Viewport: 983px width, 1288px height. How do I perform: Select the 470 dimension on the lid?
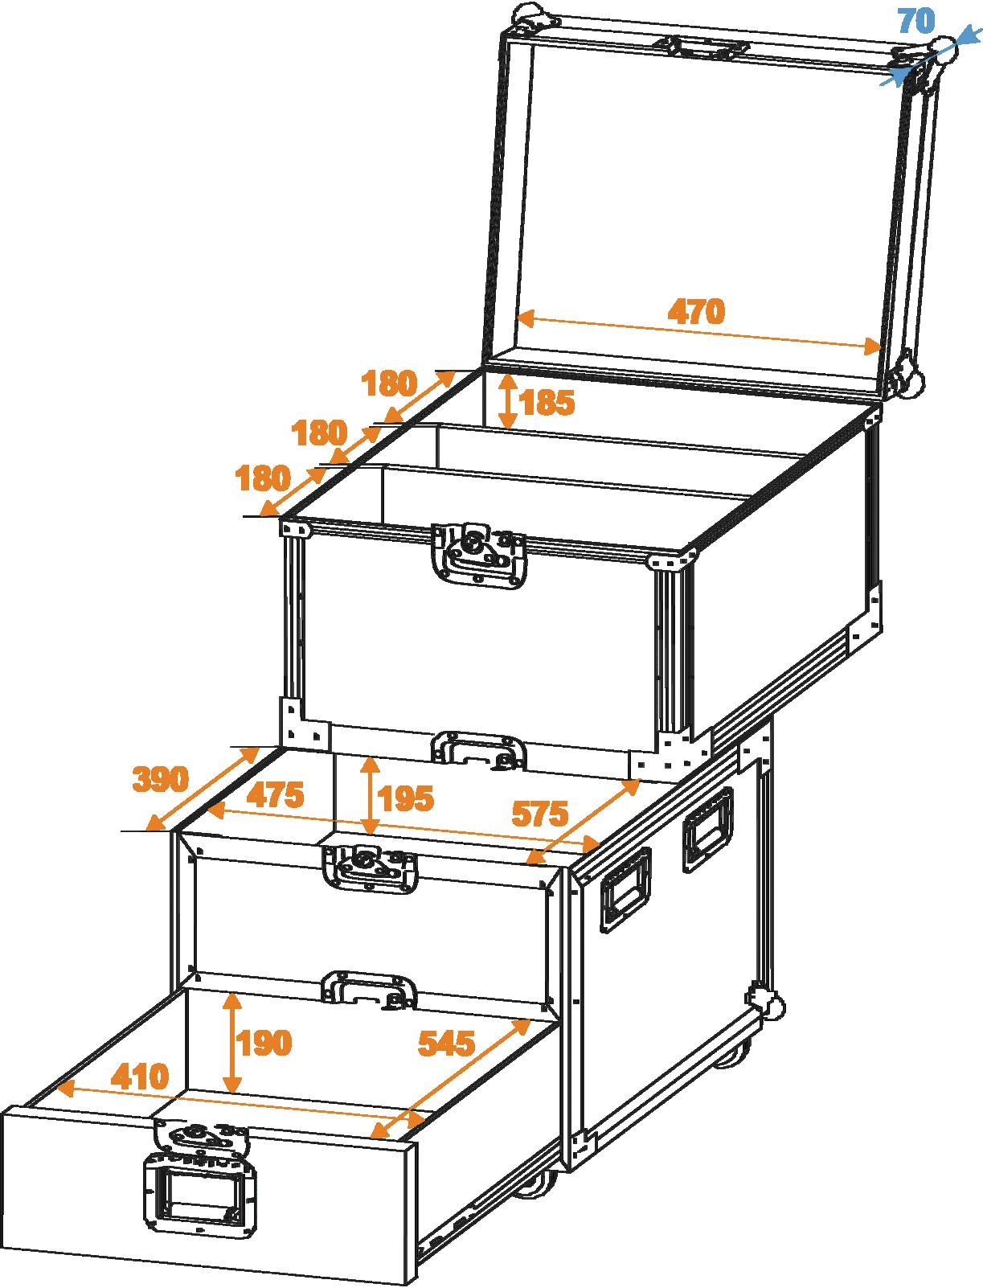(696, 311)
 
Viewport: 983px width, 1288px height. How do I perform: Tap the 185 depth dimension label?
(547, 402)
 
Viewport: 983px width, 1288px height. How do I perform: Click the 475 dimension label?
(275, 795)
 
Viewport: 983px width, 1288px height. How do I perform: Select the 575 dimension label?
(540, 814)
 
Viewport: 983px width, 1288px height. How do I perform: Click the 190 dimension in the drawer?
(264, 1043)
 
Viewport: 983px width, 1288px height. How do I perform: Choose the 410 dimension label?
(140, 1076)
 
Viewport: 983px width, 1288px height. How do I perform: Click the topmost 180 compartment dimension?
(389, 384)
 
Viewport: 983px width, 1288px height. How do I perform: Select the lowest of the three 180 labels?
(262, 479)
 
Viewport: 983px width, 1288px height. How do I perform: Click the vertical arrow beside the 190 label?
(232, 1042)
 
